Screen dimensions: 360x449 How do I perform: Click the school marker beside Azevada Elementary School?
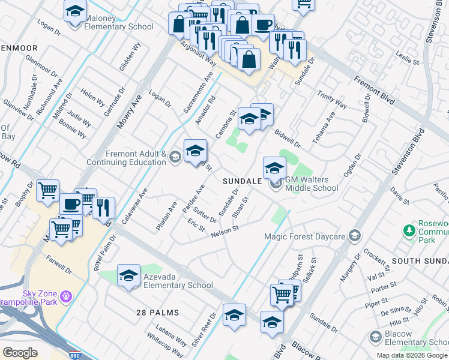pyautogui.click(x=128, y=275)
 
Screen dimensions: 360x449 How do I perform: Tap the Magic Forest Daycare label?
pyautogui.click(x=305, y=236)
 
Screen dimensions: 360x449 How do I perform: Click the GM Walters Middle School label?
pyautogui.click(x=312, y=184)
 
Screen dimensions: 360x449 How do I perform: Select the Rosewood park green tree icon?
pyautogui.click(x=410, y=230)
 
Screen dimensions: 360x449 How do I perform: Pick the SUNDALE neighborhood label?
pyautogui.click(x=242, y=181)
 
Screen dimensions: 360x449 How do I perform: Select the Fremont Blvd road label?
pyautogui.click(x=375, y=91)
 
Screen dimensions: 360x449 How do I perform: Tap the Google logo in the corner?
pyautogui.click(x=20, y=353)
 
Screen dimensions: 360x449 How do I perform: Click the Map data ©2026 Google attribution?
pyautogui.click(x=412, y=355)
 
